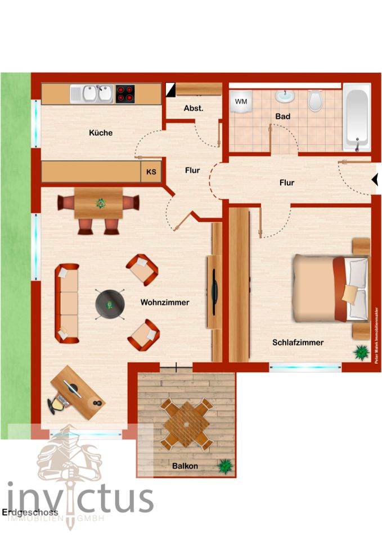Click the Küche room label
tap(101, 133)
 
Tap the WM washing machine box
tap(241, 102)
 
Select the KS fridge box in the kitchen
tap(151, 172)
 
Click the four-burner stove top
tap(125, 94)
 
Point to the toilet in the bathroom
tap(315, 101)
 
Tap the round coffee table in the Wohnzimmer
tap(110, 304)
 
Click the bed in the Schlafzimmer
tap(330, 288)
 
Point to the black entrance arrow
tap(375, 180)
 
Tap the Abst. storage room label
tap(194, 109)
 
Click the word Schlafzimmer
tap(298, 342)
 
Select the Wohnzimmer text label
tap(165, 302)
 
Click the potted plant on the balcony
tap(226, 465)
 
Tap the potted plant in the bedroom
tap(360, 353)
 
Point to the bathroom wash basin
tap(285, 97)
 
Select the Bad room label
tap(282, 117)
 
